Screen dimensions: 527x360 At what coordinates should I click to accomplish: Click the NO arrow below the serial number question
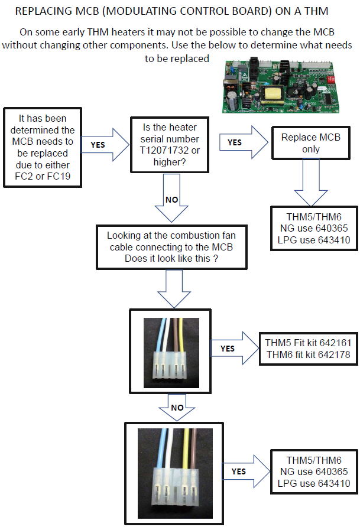171,201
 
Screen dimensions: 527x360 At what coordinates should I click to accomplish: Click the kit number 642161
333,343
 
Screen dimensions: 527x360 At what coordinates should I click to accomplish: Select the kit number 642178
333,354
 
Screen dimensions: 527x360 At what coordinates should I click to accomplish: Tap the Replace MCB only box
310,144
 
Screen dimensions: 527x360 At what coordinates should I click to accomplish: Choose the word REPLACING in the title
44,11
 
